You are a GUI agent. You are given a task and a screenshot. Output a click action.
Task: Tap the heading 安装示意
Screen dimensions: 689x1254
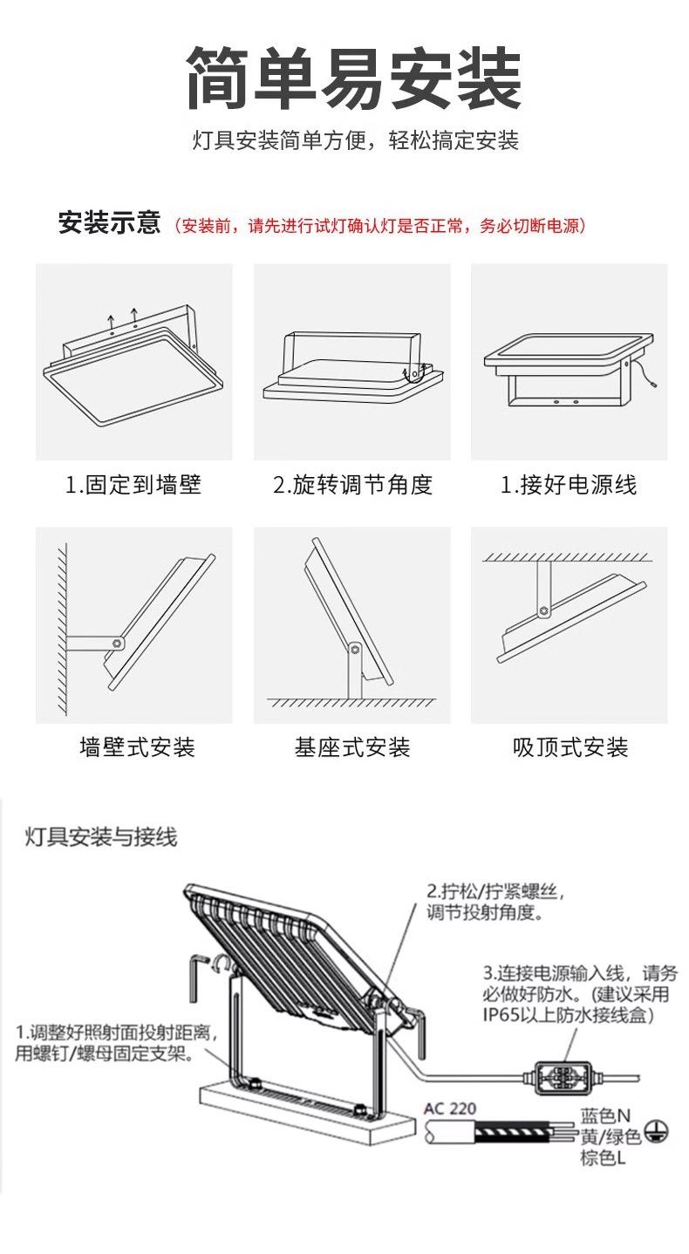pos(109,223)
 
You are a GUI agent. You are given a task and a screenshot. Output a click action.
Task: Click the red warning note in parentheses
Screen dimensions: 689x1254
pos(379,226)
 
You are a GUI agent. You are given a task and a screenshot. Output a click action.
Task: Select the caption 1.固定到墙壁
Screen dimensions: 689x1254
pos(133,485)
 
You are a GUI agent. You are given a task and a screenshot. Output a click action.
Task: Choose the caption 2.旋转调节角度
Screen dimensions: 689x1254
pos(352,485)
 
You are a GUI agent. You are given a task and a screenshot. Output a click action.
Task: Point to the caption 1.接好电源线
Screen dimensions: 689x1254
pos(569,485)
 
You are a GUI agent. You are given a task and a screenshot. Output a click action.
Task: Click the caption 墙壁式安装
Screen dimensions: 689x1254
pos(137,747)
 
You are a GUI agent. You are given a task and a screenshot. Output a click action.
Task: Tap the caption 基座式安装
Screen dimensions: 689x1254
pos(352,747)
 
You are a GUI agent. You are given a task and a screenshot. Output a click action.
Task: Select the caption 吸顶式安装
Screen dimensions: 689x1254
pos(570,747)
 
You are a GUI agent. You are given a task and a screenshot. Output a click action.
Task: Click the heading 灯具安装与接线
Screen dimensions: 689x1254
pos(101,837)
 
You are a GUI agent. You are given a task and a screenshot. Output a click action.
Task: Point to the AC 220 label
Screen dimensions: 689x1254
pos(450,1108)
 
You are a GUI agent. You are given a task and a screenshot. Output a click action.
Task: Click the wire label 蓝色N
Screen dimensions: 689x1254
pos(605,1116)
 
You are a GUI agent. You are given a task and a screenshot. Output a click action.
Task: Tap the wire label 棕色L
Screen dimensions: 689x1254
pos(603,1158)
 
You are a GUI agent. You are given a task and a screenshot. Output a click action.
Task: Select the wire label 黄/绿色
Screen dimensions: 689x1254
pos(611,1137)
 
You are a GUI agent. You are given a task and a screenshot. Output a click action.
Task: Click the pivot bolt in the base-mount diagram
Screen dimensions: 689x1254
pos(353,648)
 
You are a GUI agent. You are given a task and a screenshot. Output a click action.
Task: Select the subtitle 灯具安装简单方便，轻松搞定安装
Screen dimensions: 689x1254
pos(355,140)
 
